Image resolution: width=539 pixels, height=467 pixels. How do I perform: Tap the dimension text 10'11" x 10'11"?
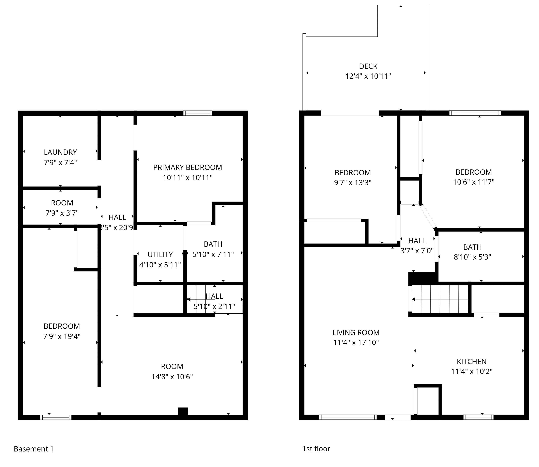click(187, 178)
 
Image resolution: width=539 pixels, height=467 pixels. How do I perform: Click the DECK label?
click(368, 66)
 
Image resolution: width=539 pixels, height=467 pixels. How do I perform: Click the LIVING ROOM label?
click(356, 332)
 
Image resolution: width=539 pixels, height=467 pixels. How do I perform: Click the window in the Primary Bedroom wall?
click(198, 113)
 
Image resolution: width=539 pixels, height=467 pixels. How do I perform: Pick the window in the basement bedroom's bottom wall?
click(56, 417)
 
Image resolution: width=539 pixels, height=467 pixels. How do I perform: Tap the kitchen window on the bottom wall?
click(478, 417)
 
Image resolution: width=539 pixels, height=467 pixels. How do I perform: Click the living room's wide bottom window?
click(348, 417)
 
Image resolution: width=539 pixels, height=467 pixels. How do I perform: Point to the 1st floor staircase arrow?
click(414, 299)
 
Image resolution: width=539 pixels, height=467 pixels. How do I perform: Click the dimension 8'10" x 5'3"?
click(472, 257)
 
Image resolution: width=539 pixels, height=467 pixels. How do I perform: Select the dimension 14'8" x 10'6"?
click(172, 377)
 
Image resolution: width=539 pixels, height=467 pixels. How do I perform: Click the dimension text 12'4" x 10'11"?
click(368, 76)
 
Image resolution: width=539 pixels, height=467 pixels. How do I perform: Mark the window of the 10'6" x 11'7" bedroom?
click(475, 113)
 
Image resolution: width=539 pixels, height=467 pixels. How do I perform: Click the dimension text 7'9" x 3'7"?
click(62, 213)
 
